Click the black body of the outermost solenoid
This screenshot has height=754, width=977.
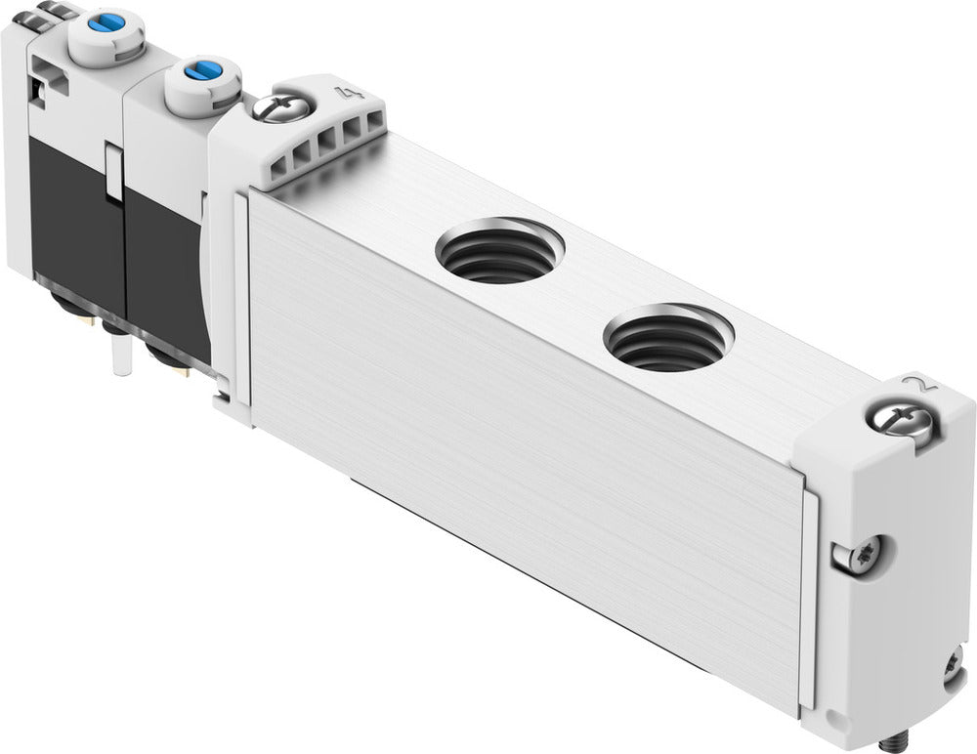click(68, 205)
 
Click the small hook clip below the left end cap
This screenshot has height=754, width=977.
click(223, 398)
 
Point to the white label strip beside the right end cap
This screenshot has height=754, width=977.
click(809, 596)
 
